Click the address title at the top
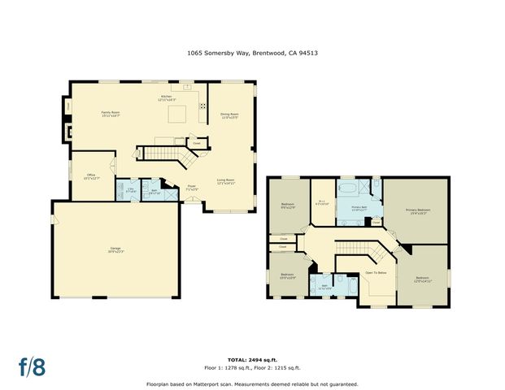click(252, 53)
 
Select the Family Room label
click(111, 114)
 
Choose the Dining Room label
click(229, 115)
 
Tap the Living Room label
click(225, 181)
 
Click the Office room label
click(91, 175)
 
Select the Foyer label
click(193, 188)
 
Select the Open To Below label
click(375, 272)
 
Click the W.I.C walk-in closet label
click(321, 203)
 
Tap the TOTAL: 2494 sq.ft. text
click(251, 357)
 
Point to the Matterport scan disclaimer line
click(252, 383)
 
